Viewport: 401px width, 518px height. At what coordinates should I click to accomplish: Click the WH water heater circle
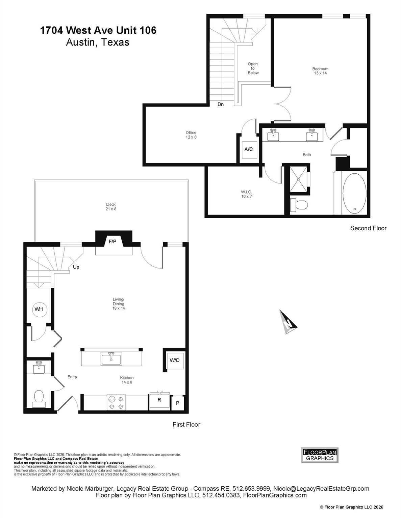click(x=40, y=309)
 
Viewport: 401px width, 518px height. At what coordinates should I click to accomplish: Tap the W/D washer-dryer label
click(x=174, y=360)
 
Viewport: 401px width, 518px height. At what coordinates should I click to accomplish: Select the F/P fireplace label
click(x=112, y=241)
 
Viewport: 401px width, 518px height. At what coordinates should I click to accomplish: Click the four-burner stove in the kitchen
click(x=116, y=402)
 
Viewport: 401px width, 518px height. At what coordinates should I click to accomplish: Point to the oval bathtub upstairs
click(x=354, y=193)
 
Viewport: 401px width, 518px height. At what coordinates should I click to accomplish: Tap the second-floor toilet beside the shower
click(x=299, y=204)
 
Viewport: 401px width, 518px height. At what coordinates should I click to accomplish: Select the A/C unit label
click(x=249, y=149)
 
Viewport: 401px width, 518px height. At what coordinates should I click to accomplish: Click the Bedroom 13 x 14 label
click(x=320, y=71)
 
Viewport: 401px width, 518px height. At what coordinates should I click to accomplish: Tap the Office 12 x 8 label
click(x=191, y=135)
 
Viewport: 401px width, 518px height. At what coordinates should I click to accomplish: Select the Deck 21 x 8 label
click(x=111, y=206)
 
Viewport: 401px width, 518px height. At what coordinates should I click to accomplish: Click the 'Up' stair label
click(x=76, y=267)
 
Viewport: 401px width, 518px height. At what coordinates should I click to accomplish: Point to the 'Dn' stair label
click(x=221, y=104)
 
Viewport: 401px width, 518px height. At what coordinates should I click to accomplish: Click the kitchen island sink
click(x=111, y=359)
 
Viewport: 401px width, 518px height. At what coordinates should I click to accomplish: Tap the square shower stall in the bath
click(x=298, y=179)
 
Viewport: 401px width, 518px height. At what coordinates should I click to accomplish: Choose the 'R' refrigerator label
click(x=159, y=400)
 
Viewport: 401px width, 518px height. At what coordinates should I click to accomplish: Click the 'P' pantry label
click(x=178, y=403)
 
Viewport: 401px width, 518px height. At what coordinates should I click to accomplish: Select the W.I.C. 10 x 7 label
click(x=246, y=194)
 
